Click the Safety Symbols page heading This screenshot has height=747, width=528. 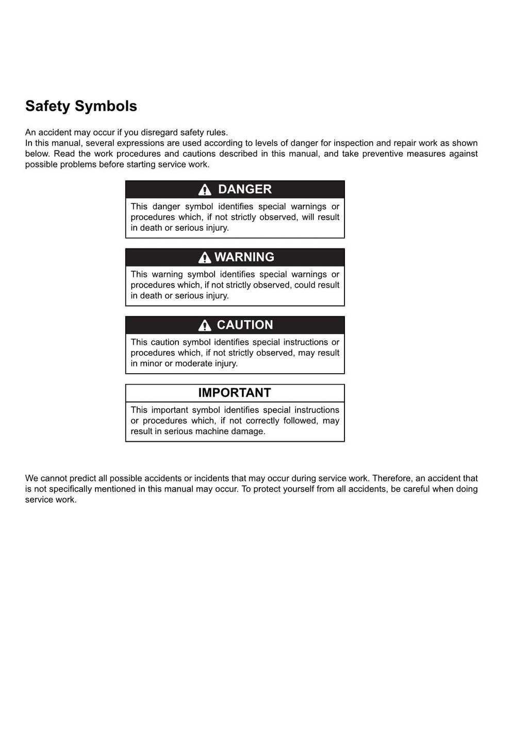tap(81, 106)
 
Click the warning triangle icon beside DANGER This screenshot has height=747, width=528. tap(205, 190)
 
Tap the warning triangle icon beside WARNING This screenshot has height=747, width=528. tap(205, 257)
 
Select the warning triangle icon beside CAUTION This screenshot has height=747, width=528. tap(205, 325)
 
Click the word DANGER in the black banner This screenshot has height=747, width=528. tap(244, 189)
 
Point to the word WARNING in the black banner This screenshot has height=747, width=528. tap(244, 257)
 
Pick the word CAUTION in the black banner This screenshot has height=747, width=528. tap(244, 325)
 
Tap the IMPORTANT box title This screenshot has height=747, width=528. tap(235, 393)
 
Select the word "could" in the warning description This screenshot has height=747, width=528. tap(305, 285)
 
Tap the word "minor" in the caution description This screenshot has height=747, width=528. tap(151, 363)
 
